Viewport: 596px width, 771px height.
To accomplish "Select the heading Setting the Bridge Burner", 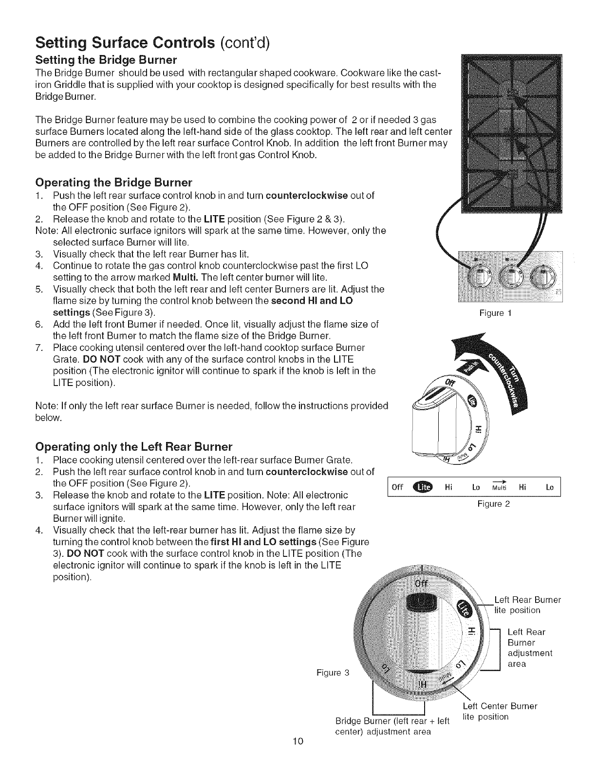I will click(106, 60).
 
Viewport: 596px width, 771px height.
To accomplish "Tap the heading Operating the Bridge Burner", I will click(114, 183).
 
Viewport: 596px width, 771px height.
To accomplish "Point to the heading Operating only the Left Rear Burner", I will click(134, 447).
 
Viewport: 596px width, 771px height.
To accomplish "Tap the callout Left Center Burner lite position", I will click(500, 712).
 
